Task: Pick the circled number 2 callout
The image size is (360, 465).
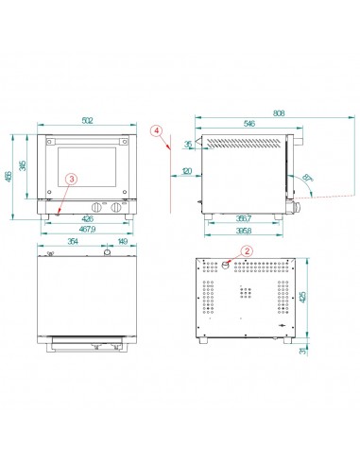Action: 247,251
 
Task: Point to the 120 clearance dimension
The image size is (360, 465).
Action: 187,172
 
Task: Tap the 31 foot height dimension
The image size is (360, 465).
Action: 303,352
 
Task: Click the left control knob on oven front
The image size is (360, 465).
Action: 97,209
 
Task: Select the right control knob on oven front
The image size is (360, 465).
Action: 117,209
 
